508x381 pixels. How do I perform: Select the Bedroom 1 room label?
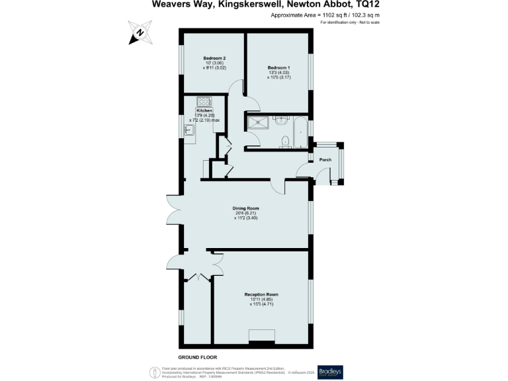click(x=278, y=68)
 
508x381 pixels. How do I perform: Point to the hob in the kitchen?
click(x=203, y=102)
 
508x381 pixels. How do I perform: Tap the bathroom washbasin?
click(x=280, y=120)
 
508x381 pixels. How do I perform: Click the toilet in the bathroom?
click(x=284, y=140)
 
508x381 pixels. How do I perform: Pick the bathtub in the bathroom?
click(x=300, y=131)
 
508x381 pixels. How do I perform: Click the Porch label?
click(x=325, y=160)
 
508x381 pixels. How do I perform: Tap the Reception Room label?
click(x=261, y=294)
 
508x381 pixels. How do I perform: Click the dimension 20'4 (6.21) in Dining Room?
click(x=245, y=213)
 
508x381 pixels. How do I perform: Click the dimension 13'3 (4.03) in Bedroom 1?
click(x=279, y=73)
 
